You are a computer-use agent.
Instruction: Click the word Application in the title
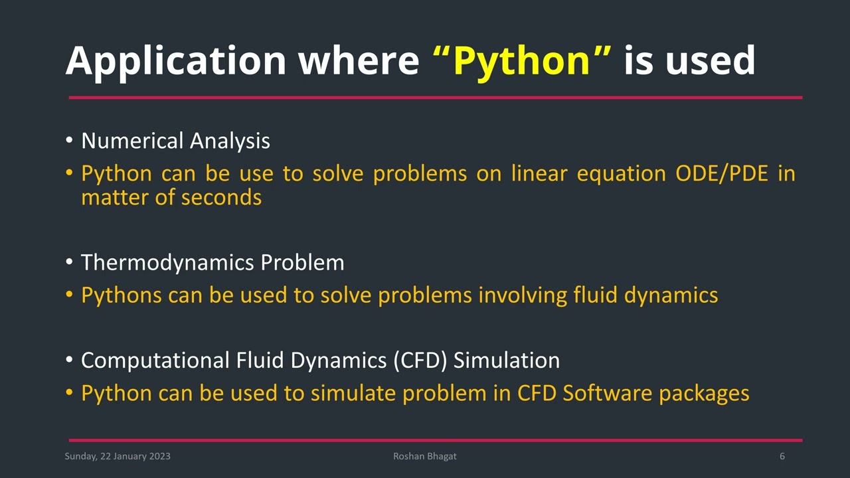click(x=175, y=61)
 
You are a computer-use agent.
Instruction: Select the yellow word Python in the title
click(x=522, y=61)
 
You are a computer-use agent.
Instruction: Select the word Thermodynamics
click(x=167, y=263)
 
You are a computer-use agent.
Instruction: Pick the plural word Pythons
click(x=121, y=295)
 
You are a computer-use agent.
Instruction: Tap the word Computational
click(x=155, y=360)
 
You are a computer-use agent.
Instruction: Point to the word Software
click(x=608, y=393)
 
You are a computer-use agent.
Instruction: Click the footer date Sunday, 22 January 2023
click(x=118, y=456)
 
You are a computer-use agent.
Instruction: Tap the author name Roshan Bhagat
click(x=425, y=456)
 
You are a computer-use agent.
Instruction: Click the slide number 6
click(x=782, y=456)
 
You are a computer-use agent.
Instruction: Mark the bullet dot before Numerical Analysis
click(x=69, y=141)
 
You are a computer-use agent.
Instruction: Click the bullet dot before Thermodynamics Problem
click(x=69, y=264)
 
